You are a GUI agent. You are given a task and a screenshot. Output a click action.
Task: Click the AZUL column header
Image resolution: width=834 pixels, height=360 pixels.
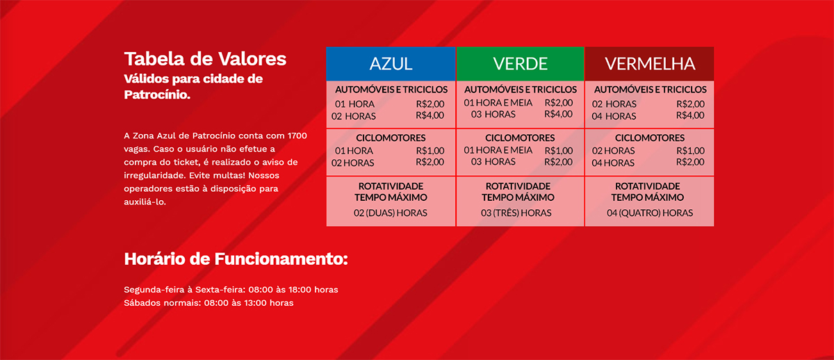391,64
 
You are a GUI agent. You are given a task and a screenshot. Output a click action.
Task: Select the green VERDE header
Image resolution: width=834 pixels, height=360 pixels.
520,64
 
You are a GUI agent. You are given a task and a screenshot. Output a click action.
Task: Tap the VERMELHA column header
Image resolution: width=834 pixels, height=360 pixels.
649,64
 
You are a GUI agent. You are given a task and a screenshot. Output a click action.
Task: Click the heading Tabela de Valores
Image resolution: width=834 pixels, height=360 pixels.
205,58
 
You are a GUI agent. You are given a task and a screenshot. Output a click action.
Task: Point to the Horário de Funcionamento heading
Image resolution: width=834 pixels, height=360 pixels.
236,259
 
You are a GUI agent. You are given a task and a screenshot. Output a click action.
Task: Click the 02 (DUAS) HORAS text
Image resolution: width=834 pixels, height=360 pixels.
391,213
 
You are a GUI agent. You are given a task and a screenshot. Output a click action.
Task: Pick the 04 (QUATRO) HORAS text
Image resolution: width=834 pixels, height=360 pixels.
649,213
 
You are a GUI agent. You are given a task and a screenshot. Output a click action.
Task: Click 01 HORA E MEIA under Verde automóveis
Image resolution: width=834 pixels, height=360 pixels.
498,103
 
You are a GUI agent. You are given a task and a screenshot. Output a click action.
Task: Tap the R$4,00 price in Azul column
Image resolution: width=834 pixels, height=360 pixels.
430,115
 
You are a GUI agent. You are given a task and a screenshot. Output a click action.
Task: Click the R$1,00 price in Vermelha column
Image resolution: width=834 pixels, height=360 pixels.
690,150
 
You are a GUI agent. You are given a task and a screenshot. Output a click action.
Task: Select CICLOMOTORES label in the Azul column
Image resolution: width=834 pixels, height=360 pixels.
391,138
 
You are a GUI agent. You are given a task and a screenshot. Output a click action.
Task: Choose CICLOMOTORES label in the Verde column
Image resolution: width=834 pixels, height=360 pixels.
520,138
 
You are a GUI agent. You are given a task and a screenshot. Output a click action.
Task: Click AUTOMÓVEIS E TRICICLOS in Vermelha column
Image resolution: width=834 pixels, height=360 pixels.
649,90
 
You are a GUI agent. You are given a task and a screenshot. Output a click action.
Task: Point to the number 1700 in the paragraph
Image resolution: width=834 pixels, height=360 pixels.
296,136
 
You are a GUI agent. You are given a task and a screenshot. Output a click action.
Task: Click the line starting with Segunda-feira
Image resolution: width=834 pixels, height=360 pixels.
231,289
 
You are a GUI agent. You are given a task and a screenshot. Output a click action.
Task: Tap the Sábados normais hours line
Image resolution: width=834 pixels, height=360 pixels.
208,303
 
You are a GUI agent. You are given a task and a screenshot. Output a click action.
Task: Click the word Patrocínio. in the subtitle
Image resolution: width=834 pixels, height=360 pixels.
156,94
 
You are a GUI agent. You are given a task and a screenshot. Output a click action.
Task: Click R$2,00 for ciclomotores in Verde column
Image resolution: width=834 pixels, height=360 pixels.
559,162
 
